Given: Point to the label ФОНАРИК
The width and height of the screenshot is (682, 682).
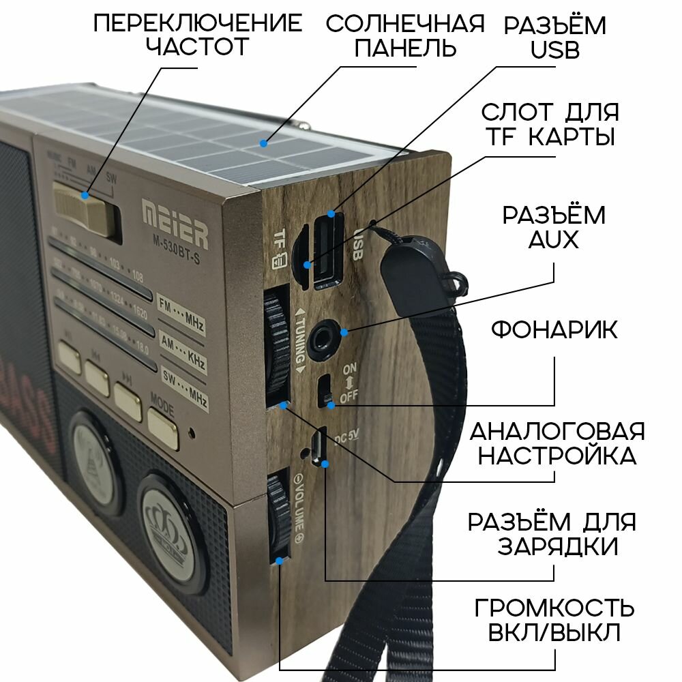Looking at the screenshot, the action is tap(554, 331).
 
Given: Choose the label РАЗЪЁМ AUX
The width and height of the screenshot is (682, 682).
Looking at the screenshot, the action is tap(554, 228).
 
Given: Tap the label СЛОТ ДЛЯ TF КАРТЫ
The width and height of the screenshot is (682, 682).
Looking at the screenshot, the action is tap(550, 124).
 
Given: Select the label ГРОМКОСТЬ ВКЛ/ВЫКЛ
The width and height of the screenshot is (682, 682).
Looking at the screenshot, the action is tap(554, 621).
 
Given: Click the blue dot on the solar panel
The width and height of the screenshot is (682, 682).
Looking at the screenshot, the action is tap(263, 143).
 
